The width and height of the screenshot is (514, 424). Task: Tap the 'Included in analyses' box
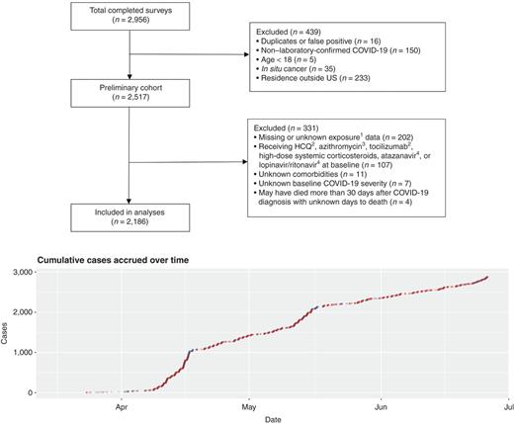click(x=129, y=213)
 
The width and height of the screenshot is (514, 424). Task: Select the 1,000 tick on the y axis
click(x=22, y=352)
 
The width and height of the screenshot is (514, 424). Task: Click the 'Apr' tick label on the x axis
click(x=123, y=405)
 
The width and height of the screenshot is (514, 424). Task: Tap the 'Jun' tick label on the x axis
click(x=381, y=405)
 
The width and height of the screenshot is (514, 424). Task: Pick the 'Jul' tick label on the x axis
click(x=506, y=405)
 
